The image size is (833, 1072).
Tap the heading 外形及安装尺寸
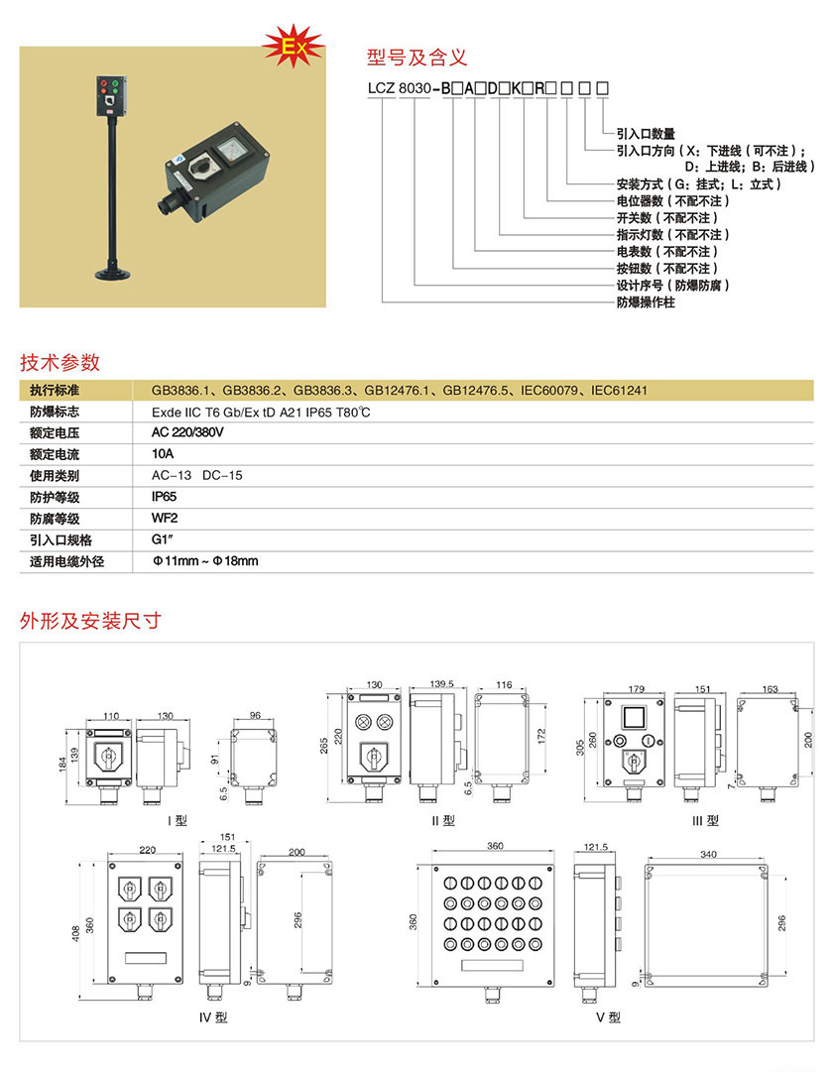point(90,622)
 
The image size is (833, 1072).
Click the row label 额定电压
point(55,433)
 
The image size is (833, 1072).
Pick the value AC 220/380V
point(188,433)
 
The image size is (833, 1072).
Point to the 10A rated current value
point(163,454)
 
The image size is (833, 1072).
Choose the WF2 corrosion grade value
point(164,518)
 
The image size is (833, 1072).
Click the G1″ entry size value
point(163,539)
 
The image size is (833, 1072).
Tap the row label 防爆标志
point(55,412)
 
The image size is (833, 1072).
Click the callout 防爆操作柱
point(646,302)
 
